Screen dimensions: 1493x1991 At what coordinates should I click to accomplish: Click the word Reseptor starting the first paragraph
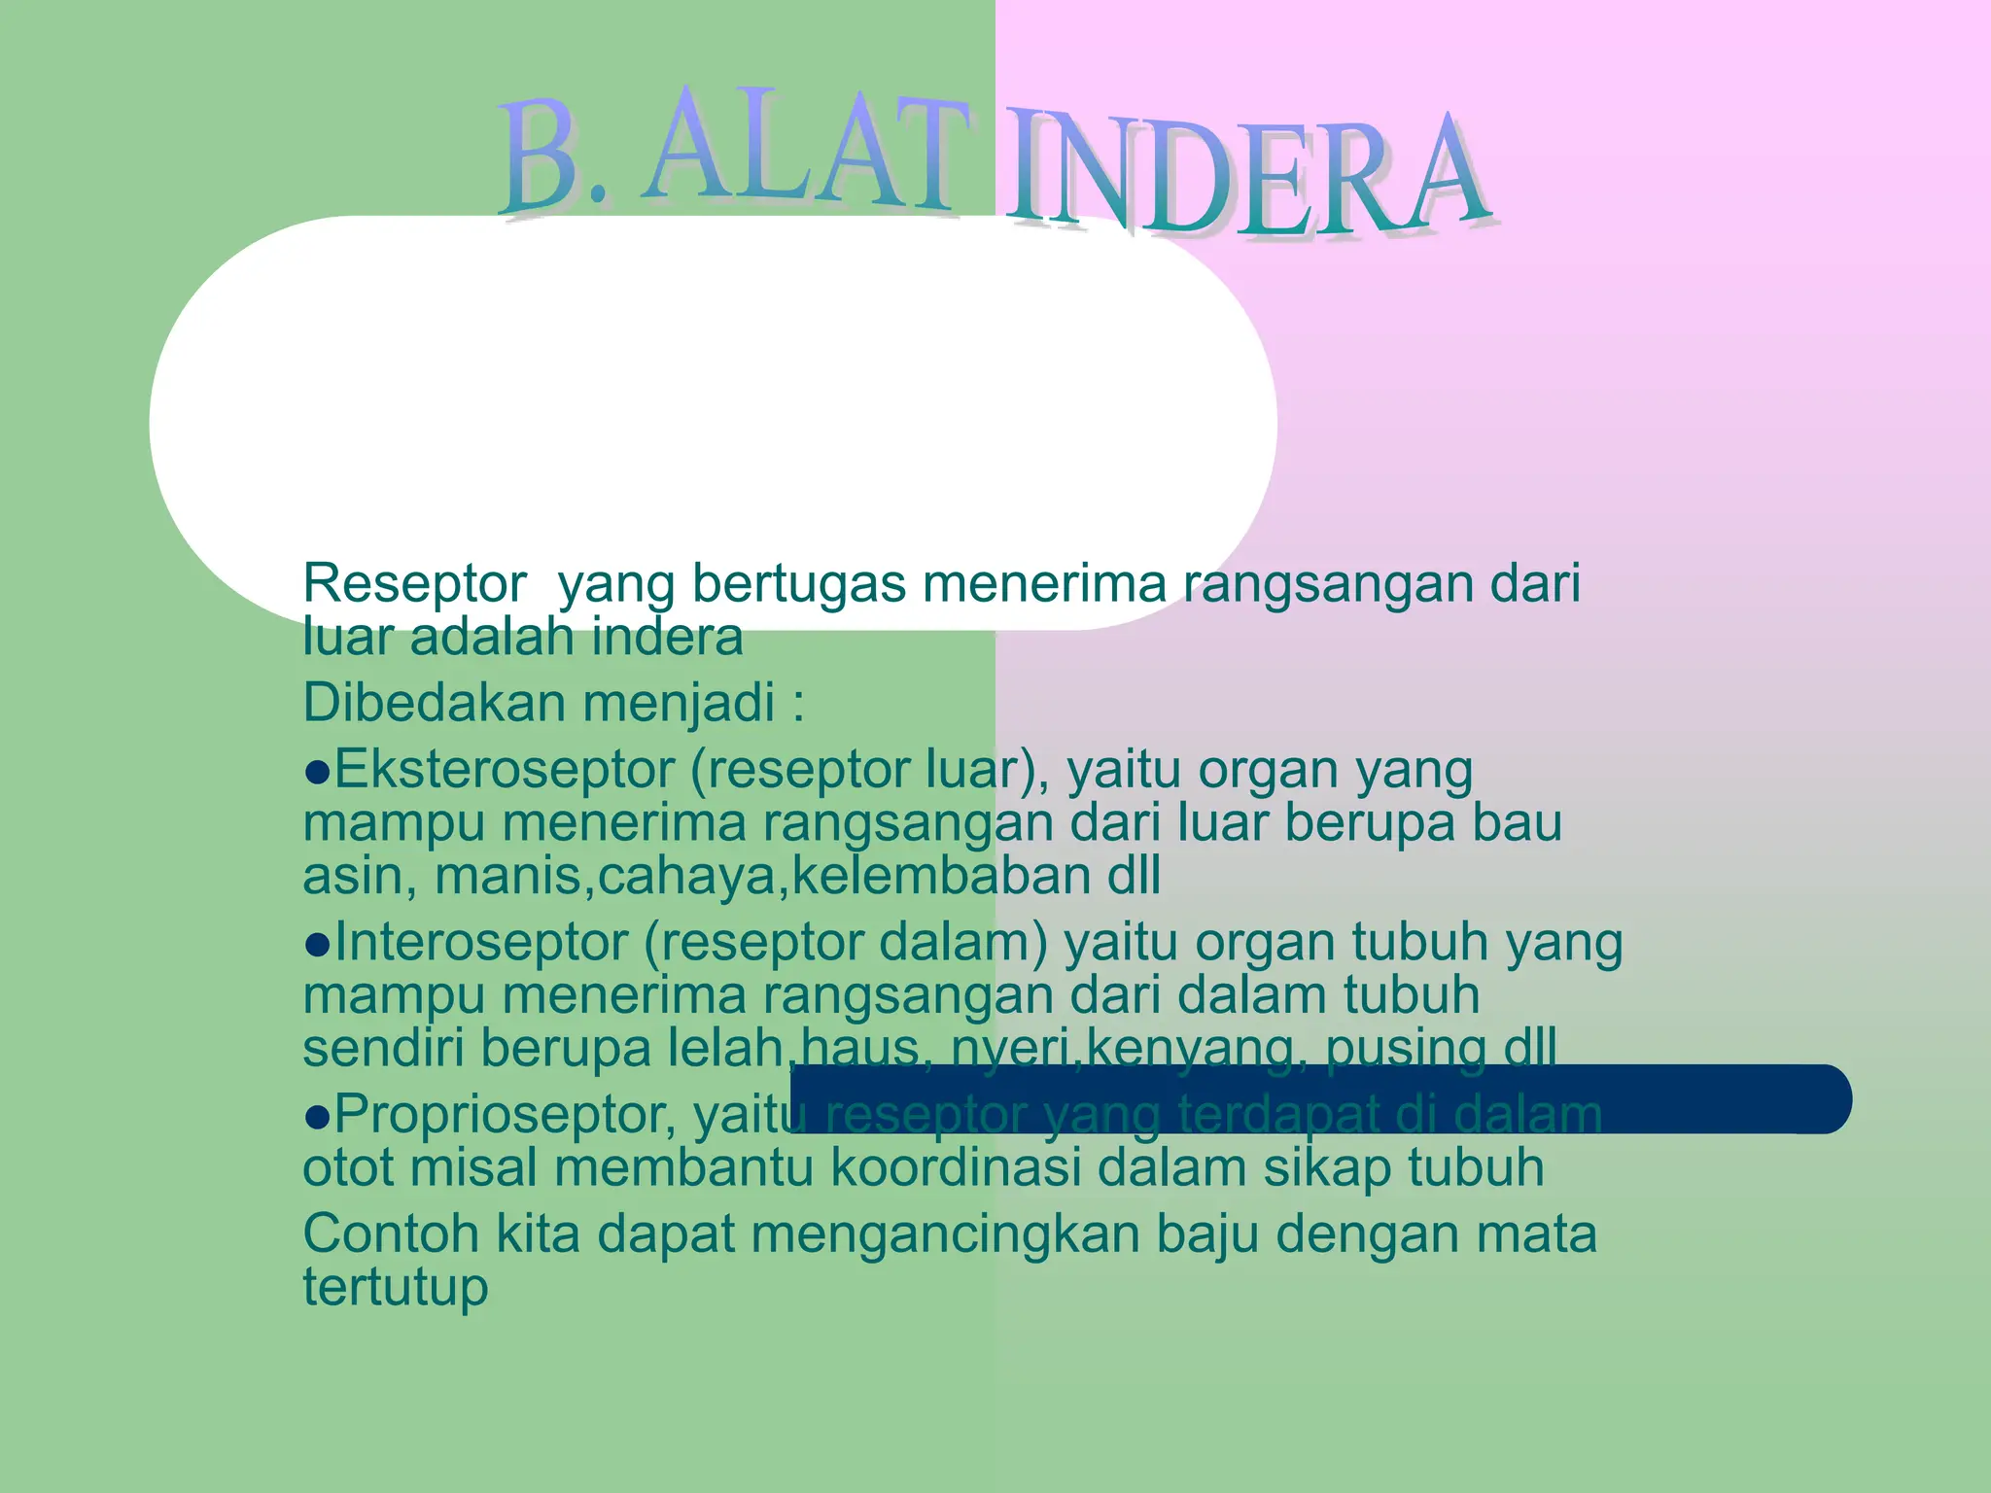click(414, 584)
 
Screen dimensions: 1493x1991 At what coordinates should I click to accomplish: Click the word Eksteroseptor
click(505, 770)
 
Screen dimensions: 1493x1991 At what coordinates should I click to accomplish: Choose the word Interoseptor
click(481, 942)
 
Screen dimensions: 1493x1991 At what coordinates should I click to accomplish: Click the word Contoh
click(391, 1234)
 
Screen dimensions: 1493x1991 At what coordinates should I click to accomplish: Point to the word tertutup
click(395, 1288)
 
